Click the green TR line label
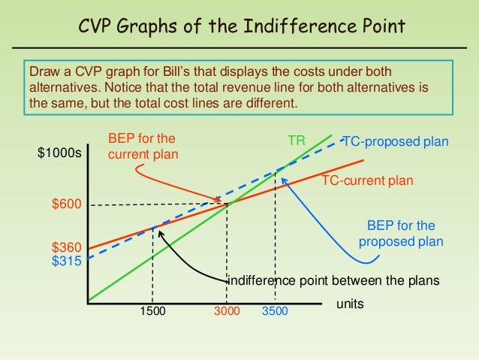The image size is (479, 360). pyautogui.click(x=296, y=141)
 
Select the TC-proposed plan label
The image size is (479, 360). pyautogui.click(x=395, y=141)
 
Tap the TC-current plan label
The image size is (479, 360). pyautogui.click(x=368, y=180)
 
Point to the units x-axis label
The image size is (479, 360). pyautogui.click(x=348, y=304)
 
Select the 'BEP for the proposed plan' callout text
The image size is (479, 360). pyautogui.click(x=401, y=234)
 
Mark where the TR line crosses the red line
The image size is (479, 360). pyautogui.click(x=227, y=203)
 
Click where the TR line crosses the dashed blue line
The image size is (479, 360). pyautogui.click(x=276, y=171)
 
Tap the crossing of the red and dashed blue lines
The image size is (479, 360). pyautogui.click(x=153, y=226)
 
